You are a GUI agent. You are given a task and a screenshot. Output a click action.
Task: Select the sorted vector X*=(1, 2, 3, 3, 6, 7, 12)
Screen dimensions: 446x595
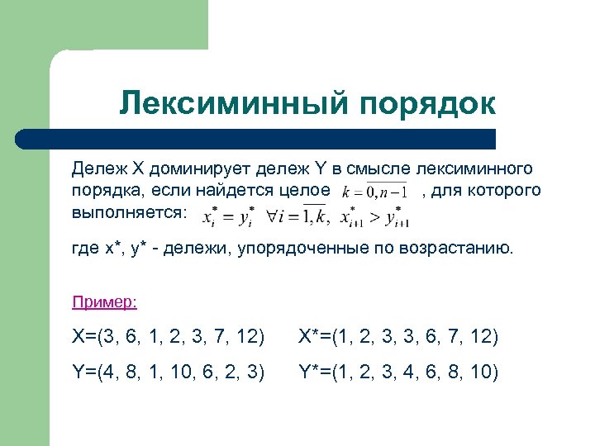click(x=398, y=337)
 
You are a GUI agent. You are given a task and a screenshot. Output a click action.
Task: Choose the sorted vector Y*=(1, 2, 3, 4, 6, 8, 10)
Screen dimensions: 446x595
click(x=398, y=372)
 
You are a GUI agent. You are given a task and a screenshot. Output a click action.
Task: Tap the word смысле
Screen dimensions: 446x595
click(x=379, y=169)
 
